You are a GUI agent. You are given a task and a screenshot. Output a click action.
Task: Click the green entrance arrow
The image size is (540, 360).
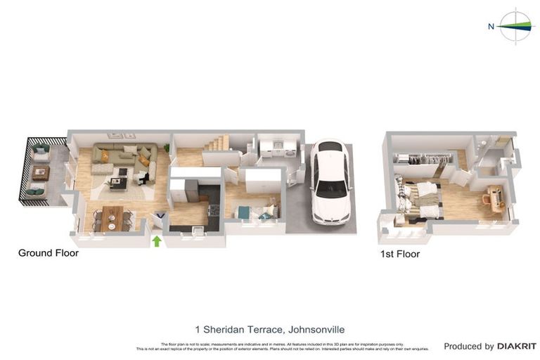click(x=157, y=241)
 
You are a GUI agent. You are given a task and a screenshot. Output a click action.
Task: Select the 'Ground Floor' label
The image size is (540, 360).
click(x=48, y=253)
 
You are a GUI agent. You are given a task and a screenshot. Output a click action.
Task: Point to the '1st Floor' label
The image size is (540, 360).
click(x=399, y=254)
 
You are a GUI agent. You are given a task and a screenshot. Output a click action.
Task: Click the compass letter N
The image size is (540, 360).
click(x=491, y=27)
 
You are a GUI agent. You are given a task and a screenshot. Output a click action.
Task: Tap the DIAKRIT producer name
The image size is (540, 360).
click(x=517, y=346)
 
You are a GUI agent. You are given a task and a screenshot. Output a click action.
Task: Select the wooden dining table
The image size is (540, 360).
click(x=112, y=217)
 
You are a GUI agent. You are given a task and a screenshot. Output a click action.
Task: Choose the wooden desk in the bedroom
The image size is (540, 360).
click(x=495, y=198)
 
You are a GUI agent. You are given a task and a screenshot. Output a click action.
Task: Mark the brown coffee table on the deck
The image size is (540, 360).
click(x=40, y=172)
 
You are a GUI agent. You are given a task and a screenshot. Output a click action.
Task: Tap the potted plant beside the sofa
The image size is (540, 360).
click(x=167, y=148)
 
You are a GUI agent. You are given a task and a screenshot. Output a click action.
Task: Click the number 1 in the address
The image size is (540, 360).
click(x=198, y=329)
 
